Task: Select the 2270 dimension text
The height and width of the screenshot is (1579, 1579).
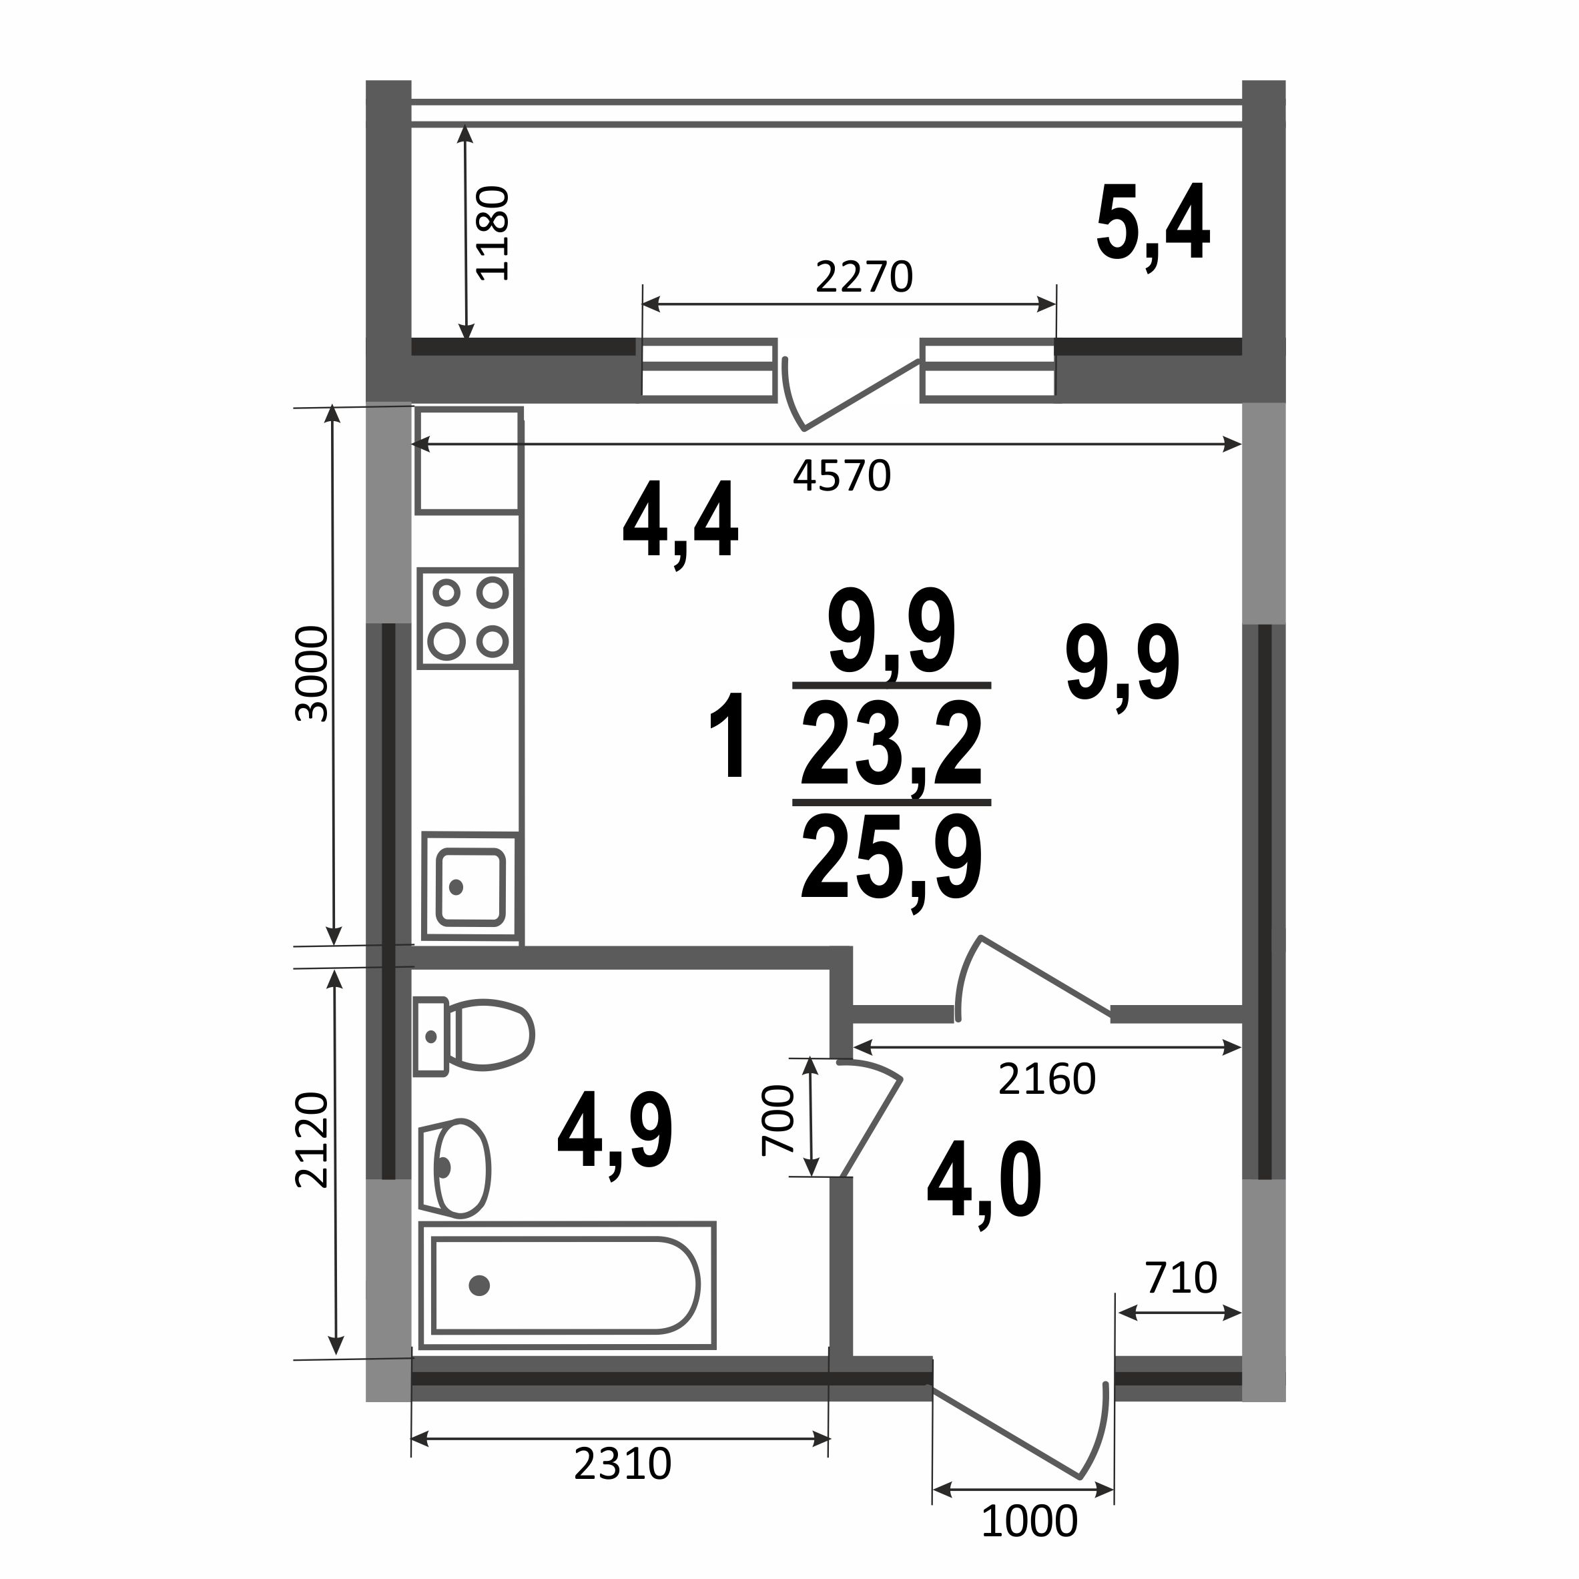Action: pyautogui.click(x=864, y=278)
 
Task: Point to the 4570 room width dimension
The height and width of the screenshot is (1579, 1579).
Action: pyautogui.click(x=842, y=476)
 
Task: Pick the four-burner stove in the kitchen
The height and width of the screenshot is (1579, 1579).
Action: pyautogui.click(x=468, y=619)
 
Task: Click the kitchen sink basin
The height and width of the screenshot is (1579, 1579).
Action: pyautogui.click(x=470, y=888)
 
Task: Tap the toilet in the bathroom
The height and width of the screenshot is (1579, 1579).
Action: pyautogui.click(x=473, y=1036)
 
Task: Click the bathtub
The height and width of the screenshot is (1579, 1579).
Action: pyautogui.click(x=567, y=1285)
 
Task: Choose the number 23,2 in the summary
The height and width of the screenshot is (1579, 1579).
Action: pyautogui.click(x=891, y=745)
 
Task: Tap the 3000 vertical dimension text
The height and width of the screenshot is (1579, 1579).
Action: pyautogui.click(x=312, y=674)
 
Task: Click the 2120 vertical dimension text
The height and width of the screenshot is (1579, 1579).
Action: pyautogui.click(x=312, y=1140)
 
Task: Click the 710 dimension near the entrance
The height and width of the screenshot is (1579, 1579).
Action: pyautogui.click(x=1182, y=1278)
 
